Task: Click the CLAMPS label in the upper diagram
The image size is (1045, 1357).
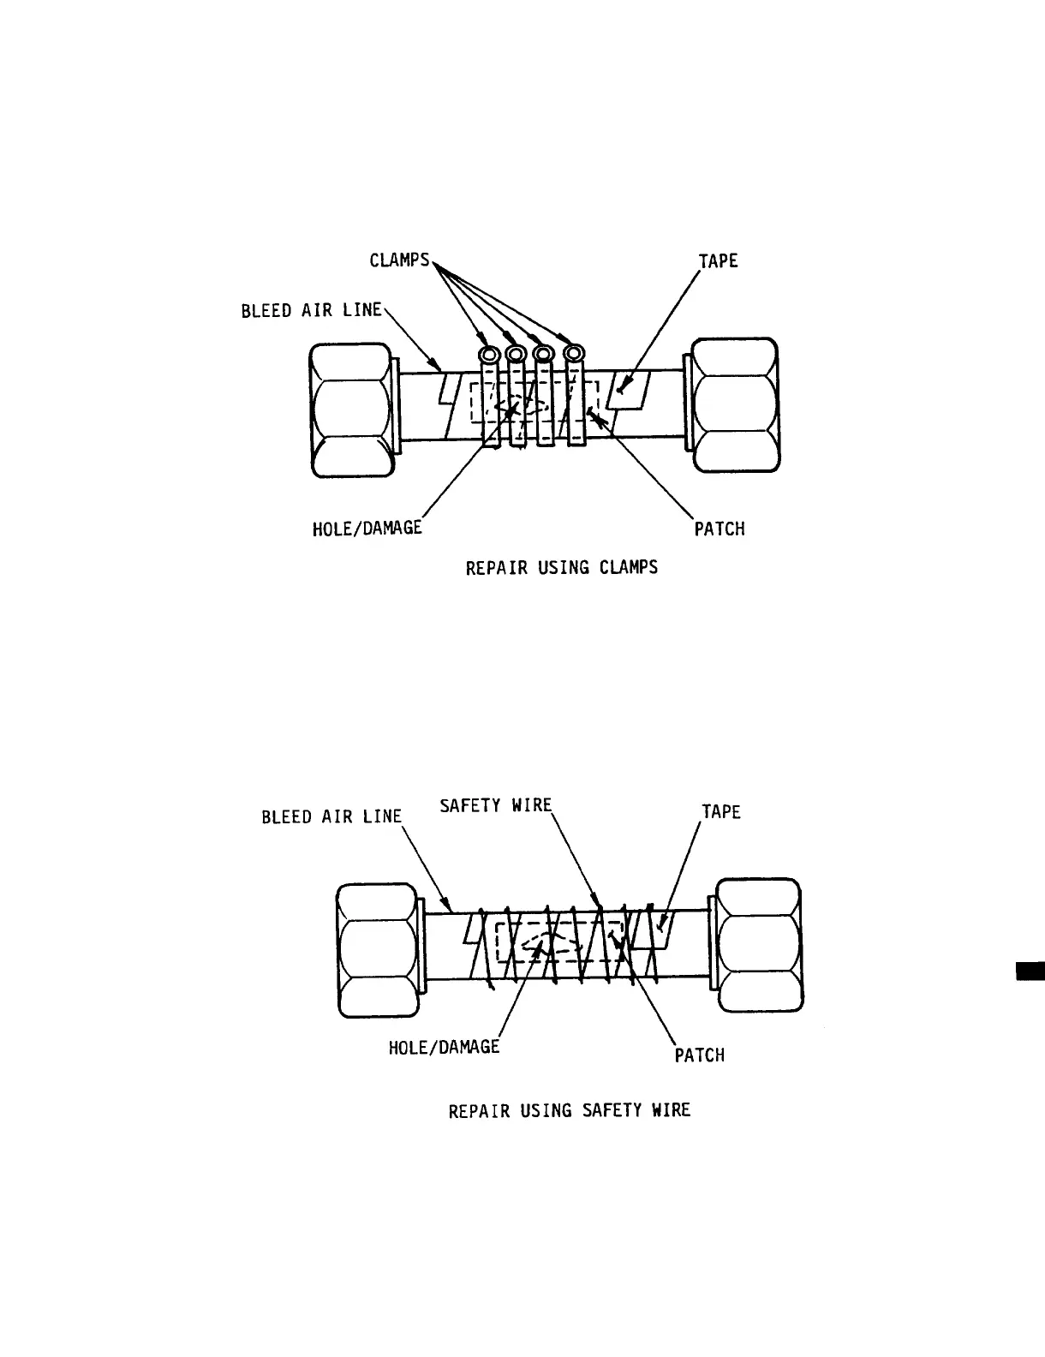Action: click(399, 260)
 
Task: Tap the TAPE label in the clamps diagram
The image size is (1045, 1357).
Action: click(718, 261)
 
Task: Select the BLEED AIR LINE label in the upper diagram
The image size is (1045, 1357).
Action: click(311, 310)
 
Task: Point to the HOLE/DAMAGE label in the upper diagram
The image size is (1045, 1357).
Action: click(367, 528)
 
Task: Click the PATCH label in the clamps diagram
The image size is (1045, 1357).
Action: click(720, 529)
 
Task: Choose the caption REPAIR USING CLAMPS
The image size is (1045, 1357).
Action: click(562, 567)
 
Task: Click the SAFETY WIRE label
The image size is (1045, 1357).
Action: click(496, 805)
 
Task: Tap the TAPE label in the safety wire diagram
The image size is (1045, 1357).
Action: click(721, 811)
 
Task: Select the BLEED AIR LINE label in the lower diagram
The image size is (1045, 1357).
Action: click(331, 816)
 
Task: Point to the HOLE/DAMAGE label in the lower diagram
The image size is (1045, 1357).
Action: click(444, 1046)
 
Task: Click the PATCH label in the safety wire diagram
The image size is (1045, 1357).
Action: click(700, 1055)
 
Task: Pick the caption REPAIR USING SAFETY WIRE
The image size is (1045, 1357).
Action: click(570, 1110)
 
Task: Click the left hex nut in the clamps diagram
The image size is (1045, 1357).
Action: click(351, 410)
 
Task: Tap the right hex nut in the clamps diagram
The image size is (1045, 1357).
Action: click(735, 405)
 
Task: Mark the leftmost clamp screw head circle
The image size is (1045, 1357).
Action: click(490, 355)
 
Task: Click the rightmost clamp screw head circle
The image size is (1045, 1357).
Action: click(575, 352)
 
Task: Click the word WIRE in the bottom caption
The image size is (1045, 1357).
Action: click(671, 1110)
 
